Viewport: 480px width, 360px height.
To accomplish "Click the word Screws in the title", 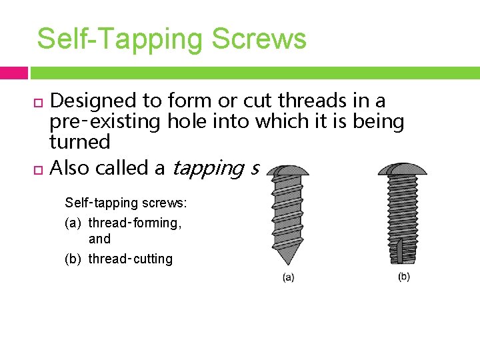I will tap(259, 39).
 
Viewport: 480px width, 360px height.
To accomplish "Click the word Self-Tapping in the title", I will tap(121, 39).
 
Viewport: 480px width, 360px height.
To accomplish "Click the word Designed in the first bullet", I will tap(93, 101).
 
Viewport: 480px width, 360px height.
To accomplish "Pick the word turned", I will tap(80, 142).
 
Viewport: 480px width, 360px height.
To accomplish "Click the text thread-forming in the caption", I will tap(134, 223).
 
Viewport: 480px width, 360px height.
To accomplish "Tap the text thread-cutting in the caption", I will tap(130, 259).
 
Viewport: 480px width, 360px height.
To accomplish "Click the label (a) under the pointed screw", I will tap(288, 277).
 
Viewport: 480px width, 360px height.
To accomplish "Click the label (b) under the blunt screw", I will tap(404, 276).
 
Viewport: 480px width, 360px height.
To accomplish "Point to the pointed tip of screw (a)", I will tap(287, 261).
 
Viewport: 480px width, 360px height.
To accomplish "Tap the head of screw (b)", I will tap(402, 168).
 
